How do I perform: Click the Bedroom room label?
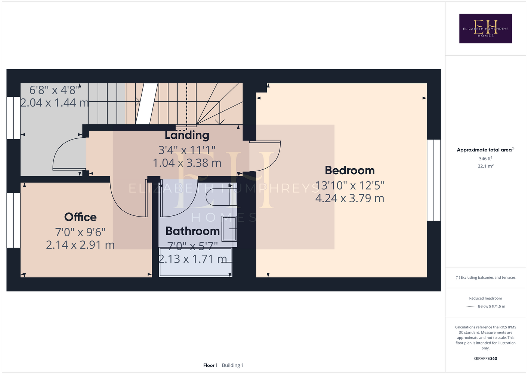tap(349, 171)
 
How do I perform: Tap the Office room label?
tap(80, 217)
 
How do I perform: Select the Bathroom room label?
tap(192, 231)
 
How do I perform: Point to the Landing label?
tap(187, 135)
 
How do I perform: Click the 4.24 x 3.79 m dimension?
tap(350, 198)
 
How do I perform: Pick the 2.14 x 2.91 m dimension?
tap(80, 245)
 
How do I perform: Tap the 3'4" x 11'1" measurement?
tap(187, 150)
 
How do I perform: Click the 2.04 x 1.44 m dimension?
tap(55, 102)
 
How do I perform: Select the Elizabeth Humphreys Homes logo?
tap(485, 28)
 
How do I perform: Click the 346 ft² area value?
tap(485, 159)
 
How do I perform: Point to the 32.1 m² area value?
tap(485, 166)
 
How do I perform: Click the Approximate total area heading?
tap(485, 150)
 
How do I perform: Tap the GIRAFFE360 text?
tap(485, 358)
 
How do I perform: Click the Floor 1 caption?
tap(210, 365)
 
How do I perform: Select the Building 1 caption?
tap(233, 365)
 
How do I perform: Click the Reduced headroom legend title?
tap(485, 298)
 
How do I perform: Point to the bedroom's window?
tap(434, 180)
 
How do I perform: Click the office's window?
tap(13, 220)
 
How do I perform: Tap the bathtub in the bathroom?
tap(196, 262)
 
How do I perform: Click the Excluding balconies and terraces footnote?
tap(485, 278)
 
